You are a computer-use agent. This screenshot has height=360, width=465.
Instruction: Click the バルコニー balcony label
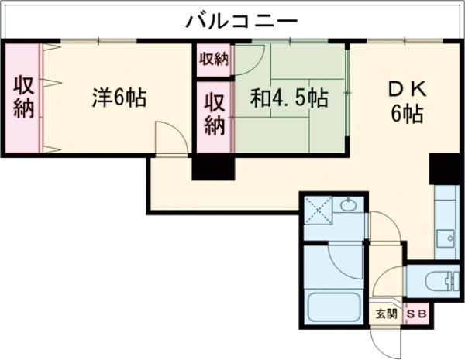[240, 20]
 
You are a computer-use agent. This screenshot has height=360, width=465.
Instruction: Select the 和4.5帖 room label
[288, 98]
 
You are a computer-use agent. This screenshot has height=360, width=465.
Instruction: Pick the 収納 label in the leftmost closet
[22, 98]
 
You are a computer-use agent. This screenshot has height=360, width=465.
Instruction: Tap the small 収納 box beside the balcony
[214, 58]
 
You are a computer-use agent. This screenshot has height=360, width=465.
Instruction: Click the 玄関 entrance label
[386, 314]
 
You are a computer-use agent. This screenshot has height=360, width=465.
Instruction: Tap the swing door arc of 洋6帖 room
[168, 137]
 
